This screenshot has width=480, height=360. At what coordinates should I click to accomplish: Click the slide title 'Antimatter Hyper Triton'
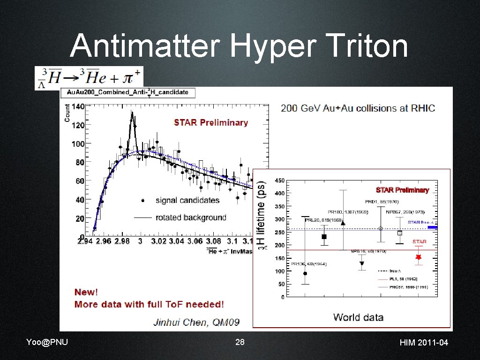[239, 47]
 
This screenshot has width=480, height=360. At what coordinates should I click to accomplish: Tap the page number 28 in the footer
[240, 342]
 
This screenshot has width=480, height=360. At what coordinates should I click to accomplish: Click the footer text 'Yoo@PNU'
[47, 342]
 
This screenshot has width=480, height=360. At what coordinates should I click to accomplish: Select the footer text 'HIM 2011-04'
[424, 343]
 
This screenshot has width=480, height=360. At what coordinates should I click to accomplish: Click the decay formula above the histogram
[89, 77]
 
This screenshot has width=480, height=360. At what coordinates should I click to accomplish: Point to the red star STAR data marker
[419, 257]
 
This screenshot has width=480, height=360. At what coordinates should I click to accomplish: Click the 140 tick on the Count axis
[78, 106]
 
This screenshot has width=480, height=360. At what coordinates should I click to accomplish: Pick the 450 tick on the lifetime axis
[278, 180]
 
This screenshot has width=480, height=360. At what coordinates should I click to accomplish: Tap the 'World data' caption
[358, 317]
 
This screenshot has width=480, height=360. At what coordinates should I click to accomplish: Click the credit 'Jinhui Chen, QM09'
[196, 322]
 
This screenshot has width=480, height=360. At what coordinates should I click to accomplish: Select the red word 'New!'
[86, 292]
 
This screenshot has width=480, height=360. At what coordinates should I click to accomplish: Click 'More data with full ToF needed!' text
[149, 304]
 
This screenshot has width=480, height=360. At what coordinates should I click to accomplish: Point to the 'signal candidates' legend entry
[187, 200]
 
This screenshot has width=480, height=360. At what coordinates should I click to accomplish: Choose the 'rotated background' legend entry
[190, 217]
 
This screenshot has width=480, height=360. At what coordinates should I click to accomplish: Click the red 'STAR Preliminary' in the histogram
[211, 122]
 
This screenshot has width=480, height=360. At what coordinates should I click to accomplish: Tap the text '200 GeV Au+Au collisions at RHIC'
[358, 108]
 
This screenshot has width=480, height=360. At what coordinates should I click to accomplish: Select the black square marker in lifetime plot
[324, 237]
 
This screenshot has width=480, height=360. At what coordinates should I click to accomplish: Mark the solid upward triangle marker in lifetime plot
[343, 223]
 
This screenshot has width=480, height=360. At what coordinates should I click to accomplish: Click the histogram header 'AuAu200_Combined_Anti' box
[127, 92]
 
